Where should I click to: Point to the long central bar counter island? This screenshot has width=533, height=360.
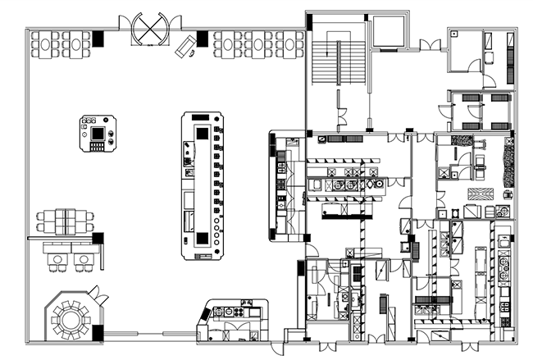203,186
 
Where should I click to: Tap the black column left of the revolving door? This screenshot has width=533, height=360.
99,38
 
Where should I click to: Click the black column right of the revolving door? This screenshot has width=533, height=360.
202,38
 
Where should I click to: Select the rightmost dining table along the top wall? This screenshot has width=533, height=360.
289,43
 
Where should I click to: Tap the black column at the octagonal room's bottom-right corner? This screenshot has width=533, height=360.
98,333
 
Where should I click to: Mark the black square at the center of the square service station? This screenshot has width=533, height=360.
99,133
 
